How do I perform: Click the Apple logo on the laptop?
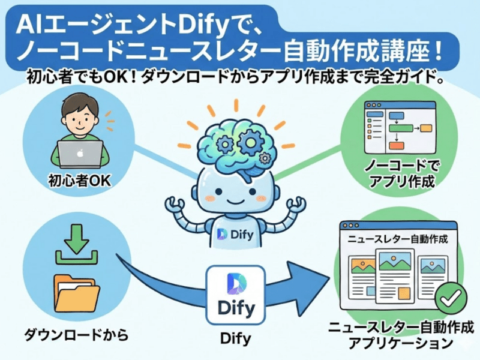(x=80, y=154)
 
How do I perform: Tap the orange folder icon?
(x=77, y=293)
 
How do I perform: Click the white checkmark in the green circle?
(x=451, y=297)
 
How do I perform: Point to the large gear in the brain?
(x=251, y=142)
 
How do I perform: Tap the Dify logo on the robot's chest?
(x=235, y=235)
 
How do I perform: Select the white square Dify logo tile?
(x=235, y=295)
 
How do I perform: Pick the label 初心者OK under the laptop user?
(x=80, y=181)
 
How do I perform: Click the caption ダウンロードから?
(x=77, y=335)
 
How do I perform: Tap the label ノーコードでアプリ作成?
(x=402, y=174)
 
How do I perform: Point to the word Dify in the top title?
(x=203, y=26)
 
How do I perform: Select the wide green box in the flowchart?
(x=401, y=128)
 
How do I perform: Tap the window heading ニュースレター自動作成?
(x=398, y=238)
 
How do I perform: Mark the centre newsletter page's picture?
(x=395, y=262)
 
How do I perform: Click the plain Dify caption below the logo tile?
(x=235, y=338)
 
